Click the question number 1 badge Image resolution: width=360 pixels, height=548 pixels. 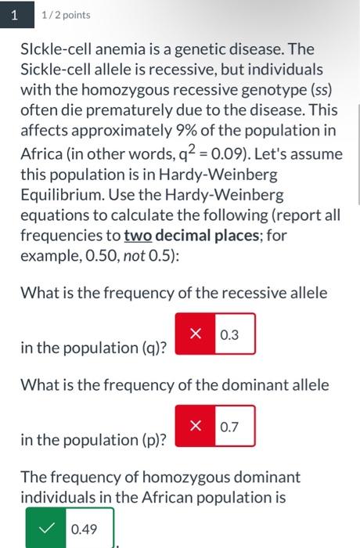coord(13,14)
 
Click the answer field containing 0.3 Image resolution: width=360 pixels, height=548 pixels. coord(233,334)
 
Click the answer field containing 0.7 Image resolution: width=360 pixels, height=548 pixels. coord(233,427)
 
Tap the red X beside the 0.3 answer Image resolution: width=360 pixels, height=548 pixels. coord(195,334)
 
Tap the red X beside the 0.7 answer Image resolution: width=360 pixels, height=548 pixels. coord(195,427)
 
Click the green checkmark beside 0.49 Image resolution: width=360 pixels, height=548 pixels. coord(46,529)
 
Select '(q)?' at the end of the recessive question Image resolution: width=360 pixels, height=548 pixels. coord(153,347)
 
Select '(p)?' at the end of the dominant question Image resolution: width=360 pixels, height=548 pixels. coord(153,439)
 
